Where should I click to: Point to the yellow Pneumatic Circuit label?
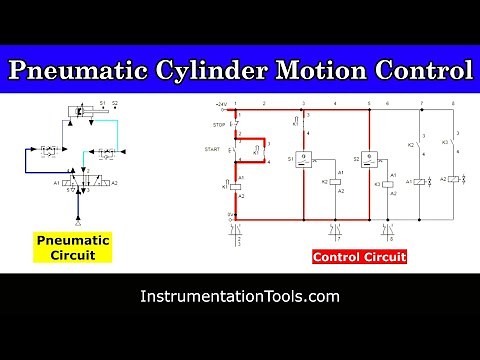click(73, 246)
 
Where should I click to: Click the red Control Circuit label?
click(358, 257)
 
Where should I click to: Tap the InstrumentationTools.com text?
click(240, 297)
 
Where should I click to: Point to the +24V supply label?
click(222, 104)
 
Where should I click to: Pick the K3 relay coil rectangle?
click(388, 184)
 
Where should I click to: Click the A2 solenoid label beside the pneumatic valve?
click(114, 183)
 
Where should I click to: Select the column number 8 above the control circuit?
click(453, 104)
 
